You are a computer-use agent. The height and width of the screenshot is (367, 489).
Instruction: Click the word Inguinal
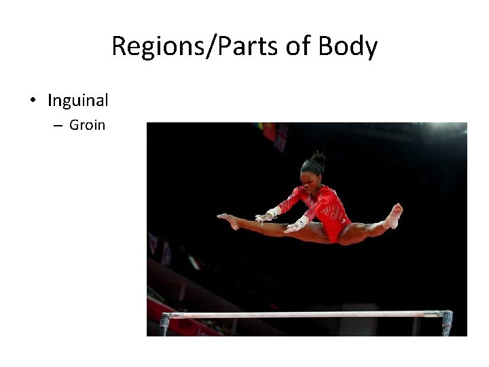click(x=78, y=101)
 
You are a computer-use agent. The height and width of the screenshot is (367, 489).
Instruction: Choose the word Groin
click(x=88, y=125)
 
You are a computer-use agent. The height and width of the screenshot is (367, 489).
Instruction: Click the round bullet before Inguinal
click(x=33, y=101)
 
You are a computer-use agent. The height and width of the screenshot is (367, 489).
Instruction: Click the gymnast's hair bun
click(x=318, y=158)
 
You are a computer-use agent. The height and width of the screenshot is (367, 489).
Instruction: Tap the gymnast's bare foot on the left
click(x=228, y=220)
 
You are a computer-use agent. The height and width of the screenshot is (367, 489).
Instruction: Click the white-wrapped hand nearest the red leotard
click(x=296, y=224)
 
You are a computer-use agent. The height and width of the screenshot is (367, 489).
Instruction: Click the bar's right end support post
click(x=446, y=322)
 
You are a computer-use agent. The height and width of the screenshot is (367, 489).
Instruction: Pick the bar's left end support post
click(x=165, y=324)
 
